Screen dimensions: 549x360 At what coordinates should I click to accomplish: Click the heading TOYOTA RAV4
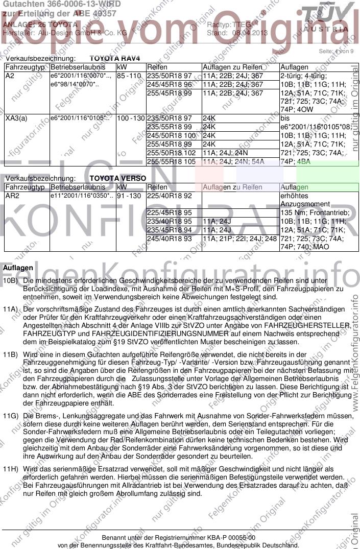[114, 59]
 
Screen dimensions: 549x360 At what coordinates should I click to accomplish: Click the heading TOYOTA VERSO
[117, 179]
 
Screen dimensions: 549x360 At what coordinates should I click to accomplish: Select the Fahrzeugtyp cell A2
[10, 76]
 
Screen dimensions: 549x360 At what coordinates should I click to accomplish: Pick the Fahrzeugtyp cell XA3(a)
[16, 118]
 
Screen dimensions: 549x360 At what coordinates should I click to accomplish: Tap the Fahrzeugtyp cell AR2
[12, 196]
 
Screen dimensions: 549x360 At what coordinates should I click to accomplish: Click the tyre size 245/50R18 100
[171, 136]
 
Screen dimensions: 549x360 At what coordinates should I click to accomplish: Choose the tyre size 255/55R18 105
[171, 162]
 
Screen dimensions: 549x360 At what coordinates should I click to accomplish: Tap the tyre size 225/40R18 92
[169, 196]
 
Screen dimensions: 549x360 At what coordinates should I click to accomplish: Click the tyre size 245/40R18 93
[169, 238]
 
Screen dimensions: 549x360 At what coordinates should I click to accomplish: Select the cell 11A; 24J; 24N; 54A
[233, 162]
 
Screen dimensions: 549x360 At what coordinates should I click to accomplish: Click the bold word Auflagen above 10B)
[18, 268]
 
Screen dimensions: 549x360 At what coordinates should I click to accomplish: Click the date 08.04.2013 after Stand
[250, 32]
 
